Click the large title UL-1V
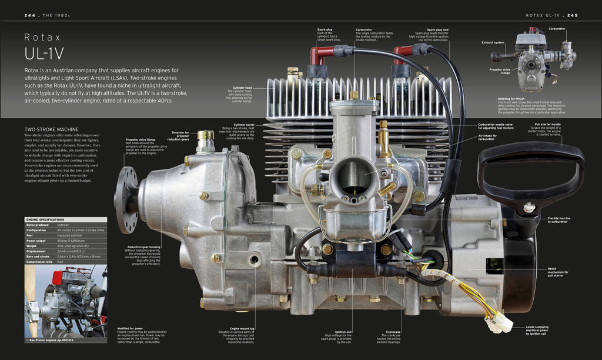coord(44,53)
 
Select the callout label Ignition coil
coord(343,332)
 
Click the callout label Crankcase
coord(393,332)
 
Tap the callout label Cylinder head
coord(242,88)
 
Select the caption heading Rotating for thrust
coord(511,99)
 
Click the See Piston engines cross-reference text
coord(52,340)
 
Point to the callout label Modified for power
coord(130,328)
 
